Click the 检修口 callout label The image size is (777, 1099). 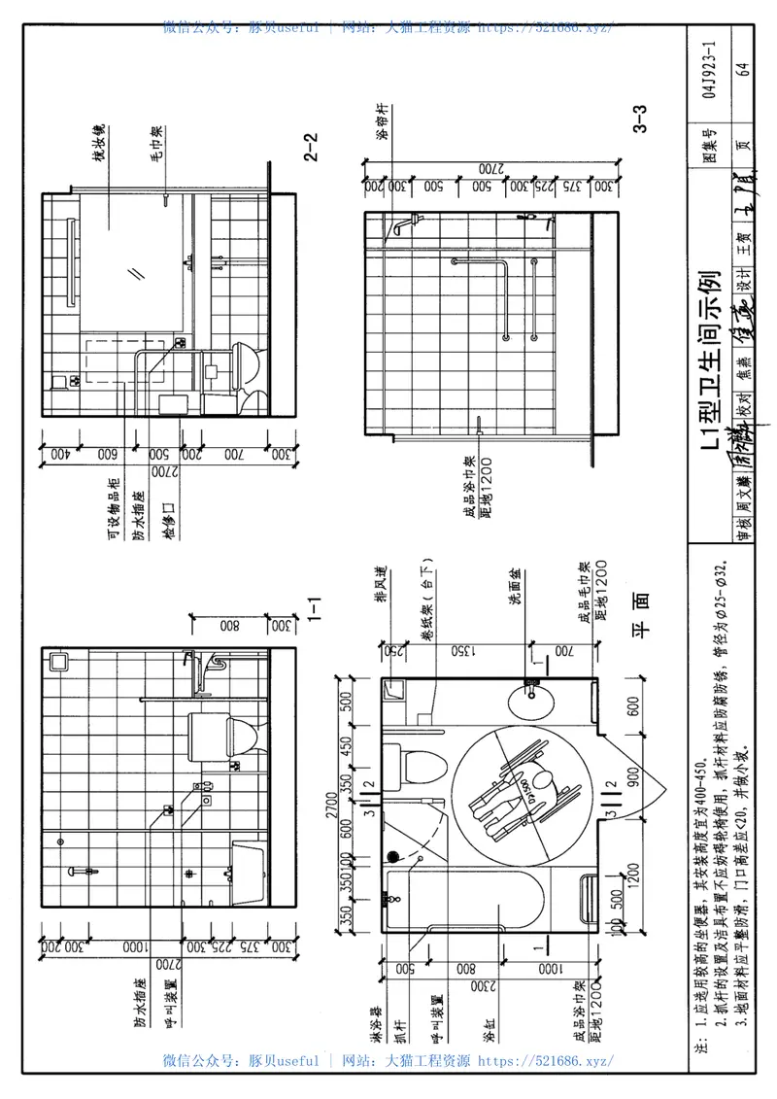165,494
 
